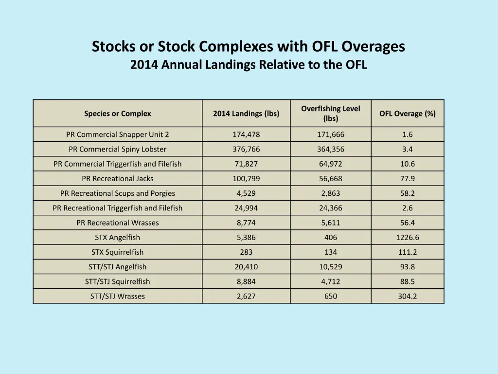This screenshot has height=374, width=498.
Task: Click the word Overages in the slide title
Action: coord(373,47)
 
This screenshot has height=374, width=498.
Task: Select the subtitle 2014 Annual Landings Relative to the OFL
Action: coord(249,65)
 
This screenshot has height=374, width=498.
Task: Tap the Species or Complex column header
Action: coord(118,113)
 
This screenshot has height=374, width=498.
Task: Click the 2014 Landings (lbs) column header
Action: coord(246,113)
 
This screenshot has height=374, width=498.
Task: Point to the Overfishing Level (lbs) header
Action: coord(331,113)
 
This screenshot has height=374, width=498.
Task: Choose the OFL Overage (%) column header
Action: coord(408,113)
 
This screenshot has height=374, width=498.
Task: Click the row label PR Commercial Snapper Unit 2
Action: coord(118,134)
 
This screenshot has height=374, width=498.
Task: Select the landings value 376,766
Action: coord(246,149)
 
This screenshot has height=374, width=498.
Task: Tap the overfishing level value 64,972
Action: coord(331,164)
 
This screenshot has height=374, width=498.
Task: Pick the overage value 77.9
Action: coord(408,179)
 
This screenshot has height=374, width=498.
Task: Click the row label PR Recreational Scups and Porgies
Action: coord(118,193)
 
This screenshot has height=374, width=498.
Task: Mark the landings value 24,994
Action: coord(246,208)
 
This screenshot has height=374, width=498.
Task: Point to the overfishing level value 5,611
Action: coord(331,223)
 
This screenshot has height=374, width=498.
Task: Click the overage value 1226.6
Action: coord(408,238)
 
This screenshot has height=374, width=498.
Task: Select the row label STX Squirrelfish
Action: coord(118,252)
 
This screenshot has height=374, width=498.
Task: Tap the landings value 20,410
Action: coord(246,267)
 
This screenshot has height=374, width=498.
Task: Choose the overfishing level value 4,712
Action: coord(331,281)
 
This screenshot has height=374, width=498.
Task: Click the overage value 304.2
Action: coord(408,296)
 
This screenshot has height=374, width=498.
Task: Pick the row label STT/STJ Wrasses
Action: coord(118,296)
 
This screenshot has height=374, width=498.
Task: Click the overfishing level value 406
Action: coord(331,238)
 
